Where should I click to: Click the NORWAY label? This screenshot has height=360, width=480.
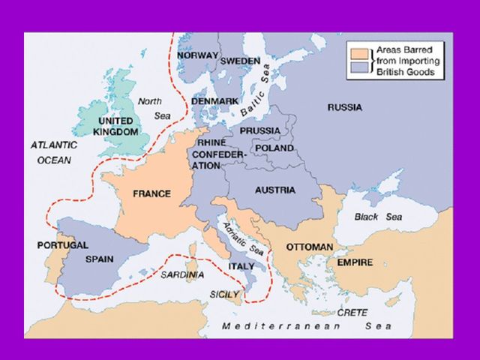(198, 55)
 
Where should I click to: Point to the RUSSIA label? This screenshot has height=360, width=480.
(344, 107)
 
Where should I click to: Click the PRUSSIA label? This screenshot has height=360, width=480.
(261, 130)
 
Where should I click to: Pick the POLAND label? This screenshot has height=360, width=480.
(275, 148)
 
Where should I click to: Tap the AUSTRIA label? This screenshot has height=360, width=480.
(274, 190)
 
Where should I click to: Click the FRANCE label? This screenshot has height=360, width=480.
(151, 193)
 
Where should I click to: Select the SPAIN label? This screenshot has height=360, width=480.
(100, 259)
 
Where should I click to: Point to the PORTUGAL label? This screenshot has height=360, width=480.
(62, 245)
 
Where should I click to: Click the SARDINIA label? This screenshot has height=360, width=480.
(181, 274)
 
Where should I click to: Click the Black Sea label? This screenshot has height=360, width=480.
(378, 217)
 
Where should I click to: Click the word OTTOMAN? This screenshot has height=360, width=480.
(310, 247)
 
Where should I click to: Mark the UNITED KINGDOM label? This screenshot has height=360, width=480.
(115, 126)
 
